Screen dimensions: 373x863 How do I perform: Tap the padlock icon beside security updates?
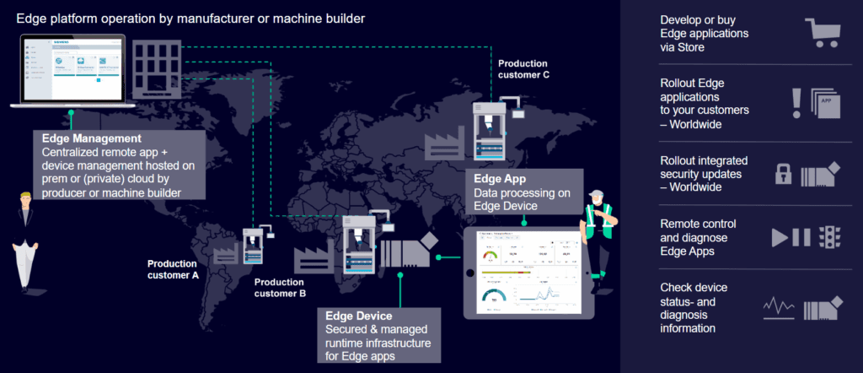(784, 174)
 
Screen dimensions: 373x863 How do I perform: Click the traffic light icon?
(833, 237)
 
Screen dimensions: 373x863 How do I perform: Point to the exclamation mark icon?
(796, 101)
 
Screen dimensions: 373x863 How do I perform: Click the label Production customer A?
(173, 268)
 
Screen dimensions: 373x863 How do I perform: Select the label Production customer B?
(280, 288)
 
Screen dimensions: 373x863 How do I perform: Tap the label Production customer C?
(523, 68)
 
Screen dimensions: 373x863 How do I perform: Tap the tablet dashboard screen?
(528, 273)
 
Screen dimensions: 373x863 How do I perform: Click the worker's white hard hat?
(597, 191)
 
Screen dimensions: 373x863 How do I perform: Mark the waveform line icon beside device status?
(780, 306)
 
